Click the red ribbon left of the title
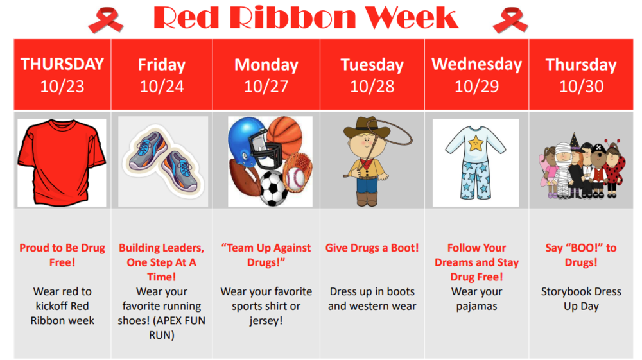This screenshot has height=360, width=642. click(105, 20)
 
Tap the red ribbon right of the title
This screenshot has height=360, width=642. click(510, 20)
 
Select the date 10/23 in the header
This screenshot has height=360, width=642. click(62, 87)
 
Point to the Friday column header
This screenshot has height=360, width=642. click(162, 65)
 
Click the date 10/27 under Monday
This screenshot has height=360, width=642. click(266, 87)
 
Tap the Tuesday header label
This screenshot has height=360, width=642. click(372, 65)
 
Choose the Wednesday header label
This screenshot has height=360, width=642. click(476, 64)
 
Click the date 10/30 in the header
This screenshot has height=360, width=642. click(581, 87)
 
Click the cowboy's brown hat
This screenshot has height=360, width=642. click(367, 128)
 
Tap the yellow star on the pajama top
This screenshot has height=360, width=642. click(476, 144)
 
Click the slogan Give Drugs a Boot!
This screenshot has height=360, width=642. click(372, 248)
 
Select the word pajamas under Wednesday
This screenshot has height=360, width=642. click(476, 306)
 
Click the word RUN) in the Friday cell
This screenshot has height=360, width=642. click(162, 336)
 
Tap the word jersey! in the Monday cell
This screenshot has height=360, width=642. click(266, 321)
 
